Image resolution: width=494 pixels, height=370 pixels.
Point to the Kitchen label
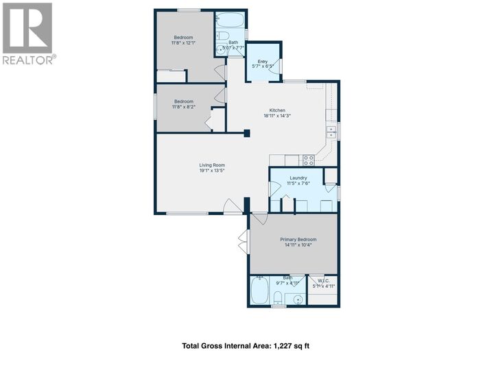click(277, 110)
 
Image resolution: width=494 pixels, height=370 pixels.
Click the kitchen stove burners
click(309, 160)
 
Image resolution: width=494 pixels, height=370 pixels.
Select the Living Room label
click(212, 165)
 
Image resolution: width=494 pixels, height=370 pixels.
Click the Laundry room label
click(298, 178)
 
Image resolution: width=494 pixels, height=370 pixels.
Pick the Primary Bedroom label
click(298, 239)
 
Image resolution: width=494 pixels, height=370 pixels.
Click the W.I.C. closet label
click(320, 279)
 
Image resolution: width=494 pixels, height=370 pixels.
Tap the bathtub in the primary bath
click(260, 292)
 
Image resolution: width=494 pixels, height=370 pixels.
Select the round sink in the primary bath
click(296, 299)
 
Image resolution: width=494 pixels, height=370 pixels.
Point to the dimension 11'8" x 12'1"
click(183, 42)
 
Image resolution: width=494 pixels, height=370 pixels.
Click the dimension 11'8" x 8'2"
click(183, 107)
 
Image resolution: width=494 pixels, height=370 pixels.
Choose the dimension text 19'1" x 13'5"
click(212, 171)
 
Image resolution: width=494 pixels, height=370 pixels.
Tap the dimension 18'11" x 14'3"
click(277, 116)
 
